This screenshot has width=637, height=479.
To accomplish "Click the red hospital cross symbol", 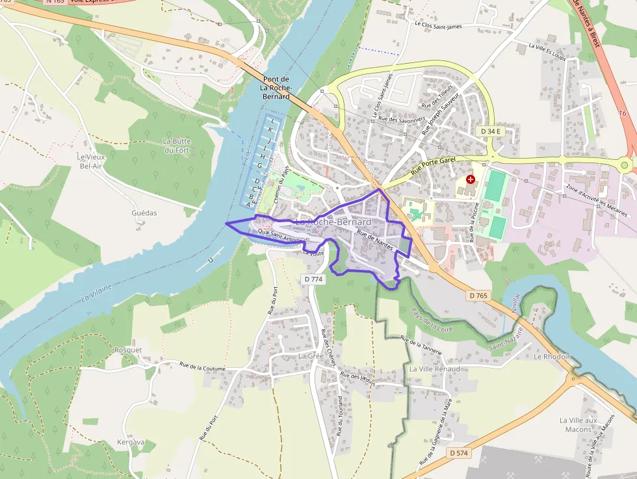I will (x=471, y=178).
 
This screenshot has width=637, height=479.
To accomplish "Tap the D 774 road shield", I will (x=313, y=279).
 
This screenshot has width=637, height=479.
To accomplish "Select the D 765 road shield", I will (x=478, y=296).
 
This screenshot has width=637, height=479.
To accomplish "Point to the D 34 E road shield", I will (x=491, y=131).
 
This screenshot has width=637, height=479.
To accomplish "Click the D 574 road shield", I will (x=458, y=452).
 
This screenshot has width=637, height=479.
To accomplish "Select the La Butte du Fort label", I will (x=176, y=146).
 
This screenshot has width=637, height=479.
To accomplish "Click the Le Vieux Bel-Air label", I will (x=90, y=161).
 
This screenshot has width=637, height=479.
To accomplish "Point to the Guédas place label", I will (x=144, y=213).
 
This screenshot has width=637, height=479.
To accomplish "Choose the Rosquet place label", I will (x=128, y=350).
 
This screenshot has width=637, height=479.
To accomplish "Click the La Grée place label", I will (x=311, y=356).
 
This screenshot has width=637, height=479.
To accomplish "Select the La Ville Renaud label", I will (x=434, y=369).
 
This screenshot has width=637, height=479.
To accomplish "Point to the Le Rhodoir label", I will (x=551, y=357).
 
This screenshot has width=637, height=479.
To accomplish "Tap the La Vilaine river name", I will (x=97, y=292).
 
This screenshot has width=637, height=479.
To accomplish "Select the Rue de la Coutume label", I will (x=202, y=367).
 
